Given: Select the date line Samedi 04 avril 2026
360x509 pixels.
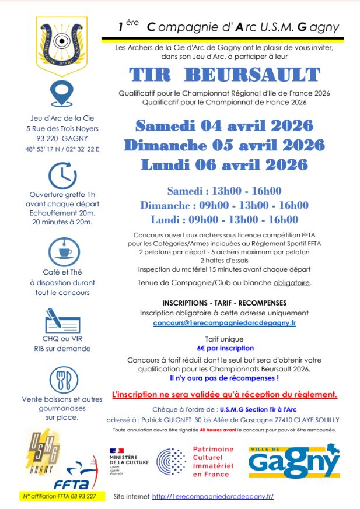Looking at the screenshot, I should [225, 125].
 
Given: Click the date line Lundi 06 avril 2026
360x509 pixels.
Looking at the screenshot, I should [225, 165].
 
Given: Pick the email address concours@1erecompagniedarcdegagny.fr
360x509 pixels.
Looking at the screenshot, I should [225, 322].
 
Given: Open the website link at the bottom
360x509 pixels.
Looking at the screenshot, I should [213, 496].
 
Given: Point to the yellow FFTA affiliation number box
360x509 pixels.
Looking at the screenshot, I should [61, 496].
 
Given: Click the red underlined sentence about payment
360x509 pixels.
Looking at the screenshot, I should [225, 395].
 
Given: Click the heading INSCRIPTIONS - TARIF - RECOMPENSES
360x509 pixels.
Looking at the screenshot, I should [225, 303].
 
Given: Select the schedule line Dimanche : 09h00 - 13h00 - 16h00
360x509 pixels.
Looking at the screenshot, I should [225, 205].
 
